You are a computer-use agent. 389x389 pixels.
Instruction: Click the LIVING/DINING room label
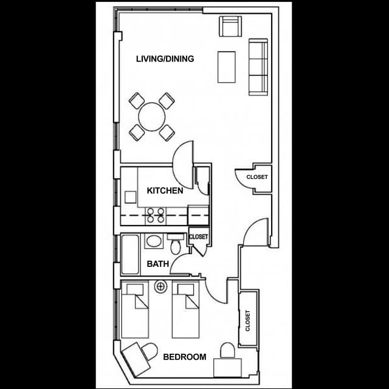coord(165,59)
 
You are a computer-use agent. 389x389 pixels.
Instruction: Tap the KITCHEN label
coord(165,190)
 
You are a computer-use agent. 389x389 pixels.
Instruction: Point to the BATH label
coord(158,264)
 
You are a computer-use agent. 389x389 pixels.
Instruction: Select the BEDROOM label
coord(185,357)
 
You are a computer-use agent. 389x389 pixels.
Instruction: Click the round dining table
coord(152,117)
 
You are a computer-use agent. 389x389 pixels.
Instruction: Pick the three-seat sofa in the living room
coord(258,67)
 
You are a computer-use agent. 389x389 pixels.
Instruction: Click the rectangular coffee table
coord(227,67)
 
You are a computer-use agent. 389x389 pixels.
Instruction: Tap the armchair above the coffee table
coord(230,26)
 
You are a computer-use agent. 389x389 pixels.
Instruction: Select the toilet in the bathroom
coord(176,244)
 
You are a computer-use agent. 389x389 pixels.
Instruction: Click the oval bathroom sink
coord(154,241)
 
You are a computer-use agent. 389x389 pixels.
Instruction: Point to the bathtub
coord(130,254)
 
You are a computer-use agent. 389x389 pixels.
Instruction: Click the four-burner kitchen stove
coord(156,215)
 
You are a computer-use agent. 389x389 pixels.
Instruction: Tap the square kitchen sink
coord(130,197)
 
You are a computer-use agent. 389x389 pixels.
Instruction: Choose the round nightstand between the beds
coord(160,287)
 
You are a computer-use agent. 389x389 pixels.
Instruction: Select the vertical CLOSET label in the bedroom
coord(247,320)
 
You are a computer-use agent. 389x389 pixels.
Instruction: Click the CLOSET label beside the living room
coord(257,177)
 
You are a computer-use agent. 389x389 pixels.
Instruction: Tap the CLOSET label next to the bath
coord(198,236)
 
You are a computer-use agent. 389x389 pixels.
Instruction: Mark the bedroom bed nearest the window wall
coord(135,309)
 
